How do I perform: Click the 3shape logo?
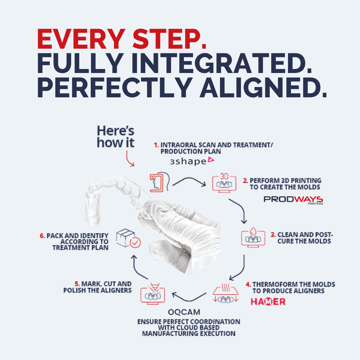[x=192, y=161]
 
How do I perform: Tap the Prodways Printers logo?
[x=293, y=200]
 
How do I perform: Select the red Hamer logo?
[x=268, y=301]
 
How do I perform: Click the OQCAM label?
[x=184, y=312]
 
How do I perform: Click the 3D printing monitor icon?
[x=224, y=183]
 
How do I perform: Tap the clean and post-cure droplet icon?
[x=253, y=237]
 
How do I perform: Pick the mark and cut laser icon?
[x=153, y=294]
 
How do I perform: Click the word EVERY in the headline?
[x=81, y=39]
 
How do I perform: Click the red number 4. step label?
[x=248, y=284]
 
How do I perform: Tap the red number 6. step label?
[x=42, y=236]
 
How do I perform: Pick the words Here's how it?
[x=115, y=137]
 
